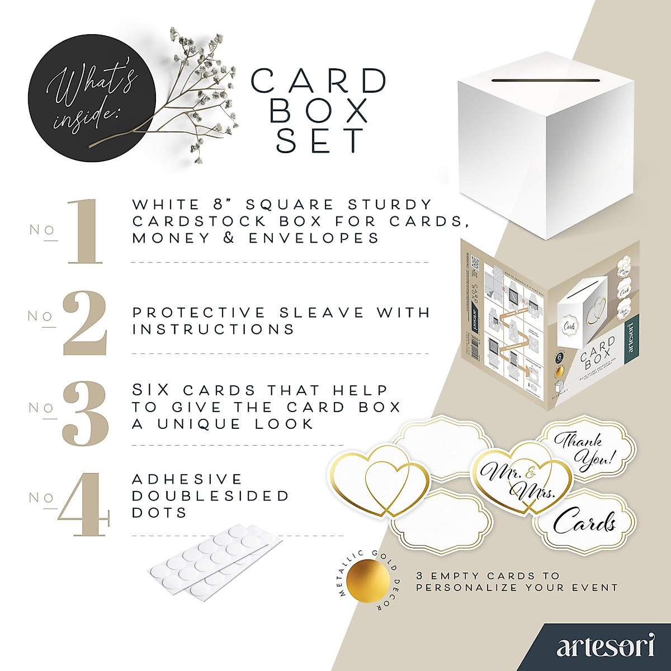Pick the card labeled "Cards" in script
tap(584, 522)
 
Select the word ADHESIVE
tap(187, 479)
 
